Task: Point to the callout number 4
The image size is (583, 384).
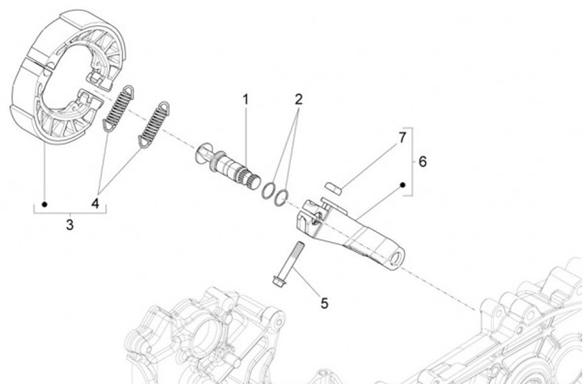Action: [96, 203]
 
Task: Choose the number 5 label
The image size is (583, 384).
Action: [324, 303]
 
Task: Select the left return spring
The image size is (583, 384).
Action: [119, 106]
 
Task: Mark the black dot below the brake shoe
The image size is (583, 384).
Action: [45, 203]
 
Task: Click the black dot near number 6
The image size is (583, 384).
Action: [403, 186]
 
